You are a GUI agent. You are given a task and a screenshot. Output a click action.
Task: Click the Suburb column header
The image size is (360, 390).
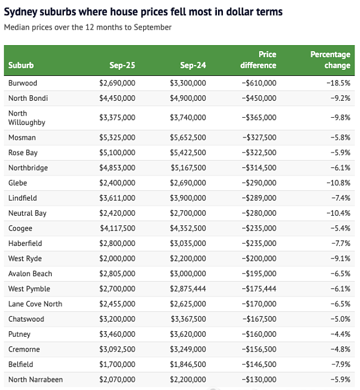[x=21, y=65]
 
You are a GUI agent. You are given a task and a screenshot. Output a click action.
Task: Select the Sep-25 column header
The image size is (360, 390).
[x=122, y=65]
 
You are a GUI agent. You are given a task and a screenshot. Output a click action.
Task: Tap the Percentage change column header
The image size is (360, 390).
[x=330, y=60]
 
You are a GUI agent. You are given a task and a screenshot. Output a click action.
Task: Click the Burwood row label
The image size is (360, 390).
[x=23, y=83]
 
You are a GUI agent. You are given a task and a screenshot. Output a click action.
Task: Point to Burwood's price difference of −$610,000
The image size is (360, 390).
[x=259, y=83]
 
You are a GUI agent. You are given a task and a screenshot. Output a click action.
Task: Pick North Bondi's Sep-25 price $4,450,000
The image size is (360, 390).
[x=117, y=98]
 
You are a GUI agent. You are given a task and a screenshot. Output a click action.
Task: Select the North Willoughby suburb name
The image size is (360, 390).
[x=26, y=118]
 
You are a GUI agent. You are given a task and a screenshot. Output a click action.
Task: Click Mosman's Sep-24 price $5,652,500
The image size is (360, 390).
[x=188, y=138]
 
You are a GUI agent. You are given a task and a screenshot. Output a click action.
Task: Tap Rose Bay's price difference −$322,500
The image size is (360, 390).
[x=259, y=152]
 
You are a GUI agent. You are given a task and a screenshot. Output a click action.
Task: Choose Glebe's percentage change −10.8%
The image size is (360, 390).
[x=339, y=183]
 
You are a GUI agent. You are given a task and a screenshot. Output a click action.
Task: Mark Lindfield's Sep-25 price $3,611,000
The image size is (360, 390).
[x=117, y=198]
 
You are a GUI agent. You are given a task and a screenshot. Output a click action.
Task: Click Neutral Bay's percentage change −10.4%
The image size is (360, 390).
[x=339, y=213]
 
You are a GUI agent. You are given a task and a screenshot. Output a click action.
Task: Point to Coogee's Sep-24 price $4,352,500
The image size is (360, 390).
[x=188, y=228]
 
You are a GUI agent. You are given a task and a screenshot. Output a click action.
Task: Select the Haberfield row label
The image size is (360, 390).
[x=25, y=243]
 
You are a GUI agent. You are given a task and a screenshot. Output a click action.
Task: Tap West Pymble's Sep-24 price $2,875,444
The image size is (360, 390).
[x=188, y=289]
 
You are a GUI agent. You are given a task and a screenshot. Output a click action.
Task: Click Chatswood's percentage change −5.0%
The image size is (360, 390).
[x=340, y=319]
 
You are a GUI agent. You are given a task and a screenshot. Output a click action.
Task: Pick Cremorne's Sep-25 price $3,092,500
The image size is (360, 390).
[x=117, y=349]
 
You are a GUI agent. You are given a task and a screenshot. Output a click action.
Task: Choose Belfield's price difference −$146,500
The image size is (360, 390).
[x=259, y=364]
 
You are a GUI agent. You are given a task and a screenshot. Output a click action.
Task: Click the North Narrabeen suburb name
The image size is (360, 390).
[x=36, y=380]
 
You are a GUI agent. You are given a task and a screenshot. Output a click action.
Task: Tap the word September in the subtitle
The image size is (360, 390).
[x=152, y=27]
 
